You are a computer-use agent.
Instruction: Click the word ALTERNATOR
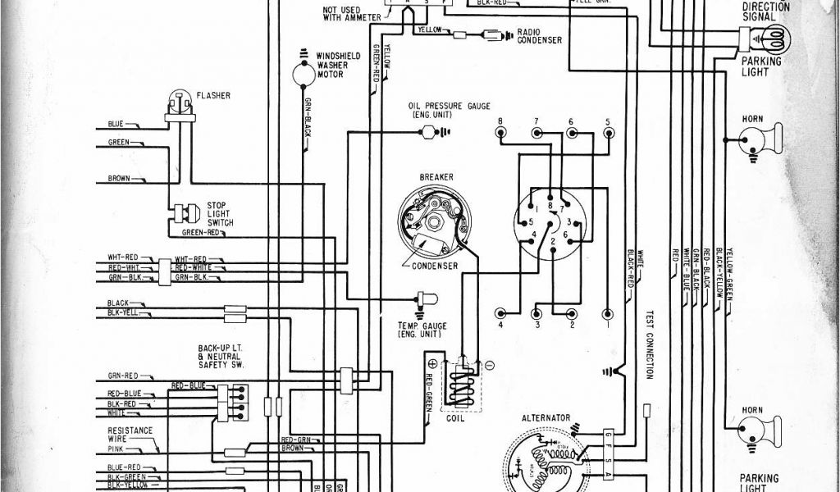click(x=546, y=417)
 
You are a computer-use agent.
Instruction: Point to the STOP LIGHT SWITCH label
click(x=220, y=214)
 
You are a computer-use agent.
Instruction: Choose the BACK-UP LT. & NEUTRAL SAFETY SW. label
click(x=219, y=357)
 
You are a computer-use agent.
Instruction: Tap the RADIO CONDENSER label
click(x=539, y=36)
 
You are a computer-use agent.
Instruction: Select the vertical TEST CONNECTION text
click(x=648, y=344)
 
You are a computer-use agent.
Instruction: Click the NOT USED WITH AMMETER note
click(x=346, y=11)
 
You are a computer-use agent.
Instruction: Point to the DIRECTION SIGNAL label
click(x=765, y=10)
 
